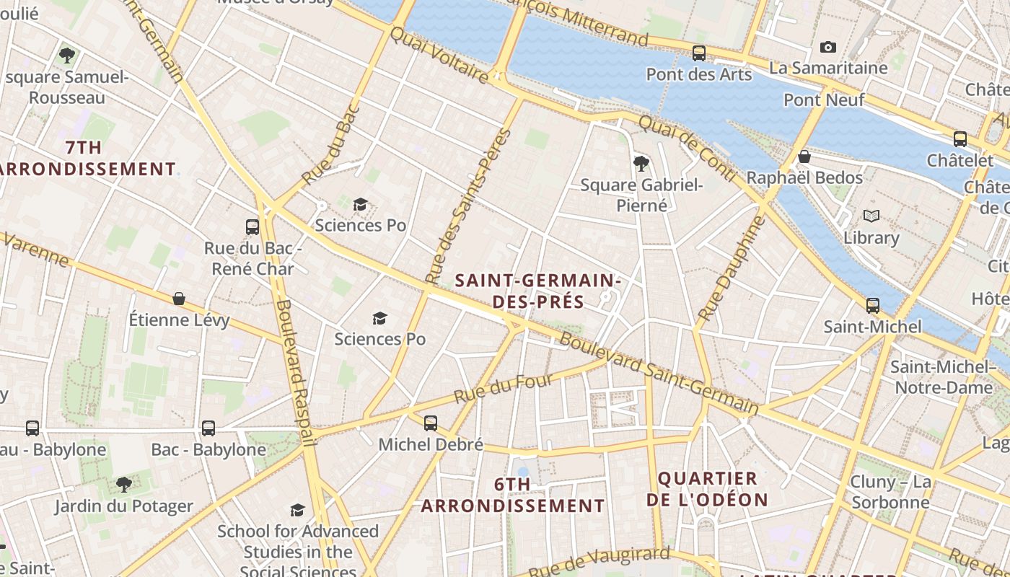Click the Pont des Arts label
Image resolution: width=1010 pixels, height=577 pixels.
pos(698,74)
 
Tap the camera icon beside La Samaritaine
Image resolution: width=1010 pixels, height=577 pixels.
pos(828,48)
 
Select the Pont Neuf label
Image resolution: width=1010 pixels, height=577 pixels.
pos(824,100)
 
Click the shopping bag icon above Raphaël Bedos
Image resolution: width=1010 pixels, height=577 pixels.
pos(804,157)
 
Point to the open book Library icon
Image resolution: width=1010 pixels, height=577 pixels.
pos(871,216)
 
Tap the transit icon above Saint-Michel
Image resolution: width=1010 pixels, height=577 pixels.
pos(873,306)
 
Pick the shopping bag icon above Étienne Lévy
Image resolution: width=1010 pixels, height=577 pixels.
pos(179,299)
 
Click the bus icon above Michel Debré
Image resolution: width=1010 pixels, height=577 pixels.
pos(431,423)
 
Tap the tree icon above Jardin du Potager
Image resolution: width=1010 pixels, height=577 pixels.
pos(124,485)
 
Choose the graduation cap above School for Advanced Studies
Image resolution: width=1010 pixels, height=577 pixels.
pos(297,511)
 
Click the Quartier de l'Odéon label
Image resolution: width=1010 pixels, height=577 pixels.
pos(707,489)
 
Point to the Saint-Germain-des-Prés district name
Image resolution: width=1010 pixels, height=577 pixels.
pos(538,291)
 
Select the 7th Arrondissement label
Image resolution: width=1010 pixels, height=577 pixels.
pos(85,158)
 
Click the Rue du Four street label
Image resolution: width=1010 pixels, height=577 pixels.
pos(504,389)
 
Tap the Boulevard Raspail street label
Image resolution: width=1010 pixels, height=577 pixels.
pos(295,372)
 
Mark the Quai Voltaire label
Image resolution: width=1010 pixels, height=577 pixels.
pos(439,54)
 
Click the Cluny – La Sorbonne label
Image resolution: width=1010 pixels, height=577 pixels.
pos(890,492)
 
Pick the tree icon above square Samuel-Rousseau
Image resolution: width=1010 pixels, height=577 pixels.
pos(67,55)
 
